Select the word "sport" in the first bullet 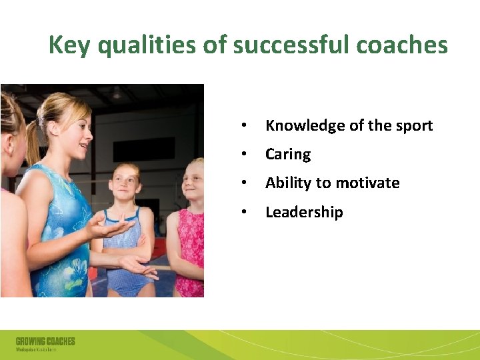tap(413, 125)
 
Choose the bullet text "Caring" tap(288, 155)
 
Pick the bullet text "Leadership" tap(304, 212)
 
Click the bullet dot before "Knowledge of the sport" tap(245, 126)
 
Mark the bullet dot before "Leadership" tap(245, 213)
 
